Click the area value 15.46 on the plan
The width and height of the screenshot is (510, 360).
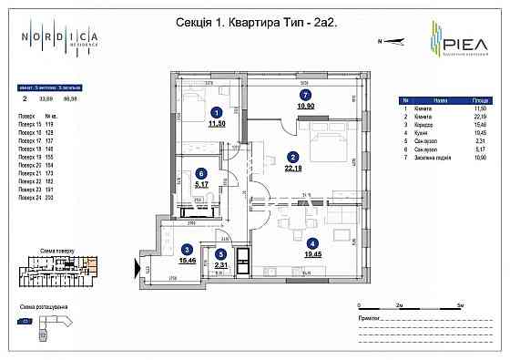[189, 261]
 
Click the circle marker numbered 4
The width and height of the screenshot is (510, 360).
[313, 243]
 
